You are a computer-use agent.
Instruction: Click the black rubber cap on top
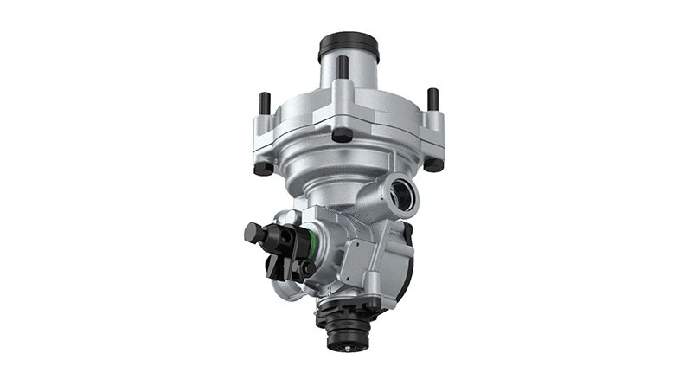click(x=348, y=43)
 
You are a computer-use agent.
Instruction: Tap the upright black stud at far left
click(x=265, y=104)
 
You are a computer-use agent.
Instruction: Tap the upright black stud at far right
click(x=432, y=100)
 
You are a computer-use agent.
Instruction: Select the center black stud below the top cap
click(x=343, y=68)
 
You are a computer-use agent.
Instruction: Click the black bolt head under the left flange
click(x=264, y=167)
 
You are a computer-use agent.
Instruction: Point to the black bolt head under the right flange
click(x=433, y=164)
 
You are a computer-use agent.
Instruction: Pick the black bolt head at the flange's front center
click(x=343, y=135)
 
